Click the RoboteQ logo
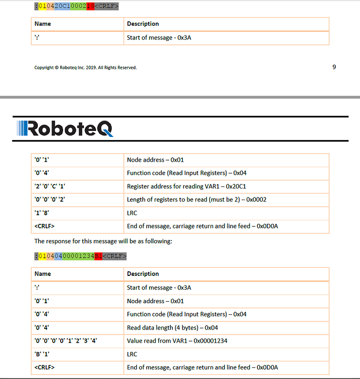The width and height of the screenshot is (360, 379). coord(64,128)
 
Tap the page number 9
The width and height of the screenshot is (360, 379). coord(334,67)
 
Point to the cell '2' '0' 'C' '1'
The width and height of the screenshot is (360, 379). coord(50,186)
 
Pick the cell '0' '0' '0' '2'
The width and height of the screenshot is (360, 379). coord(50,199)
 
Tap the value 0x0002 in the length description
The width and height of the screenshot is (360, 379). coord(256,199)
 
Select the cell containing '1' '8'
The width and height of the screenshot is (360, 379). coord(41,213)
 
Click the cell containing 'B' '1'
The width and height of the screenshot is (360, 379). coord(41,354)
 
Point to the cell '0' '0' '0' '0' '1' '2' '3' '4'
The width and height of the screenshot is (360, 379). coord(65,341)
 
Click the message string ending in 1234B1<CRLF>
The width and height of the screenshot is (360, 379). coord(80,256)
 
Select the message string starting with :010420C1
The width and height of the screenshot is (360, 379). coord(76,7)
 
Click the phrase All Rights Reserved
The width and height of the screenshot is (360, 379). coord(118,67)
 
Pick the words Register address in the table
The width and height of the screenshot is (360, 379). coord(148,186)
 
